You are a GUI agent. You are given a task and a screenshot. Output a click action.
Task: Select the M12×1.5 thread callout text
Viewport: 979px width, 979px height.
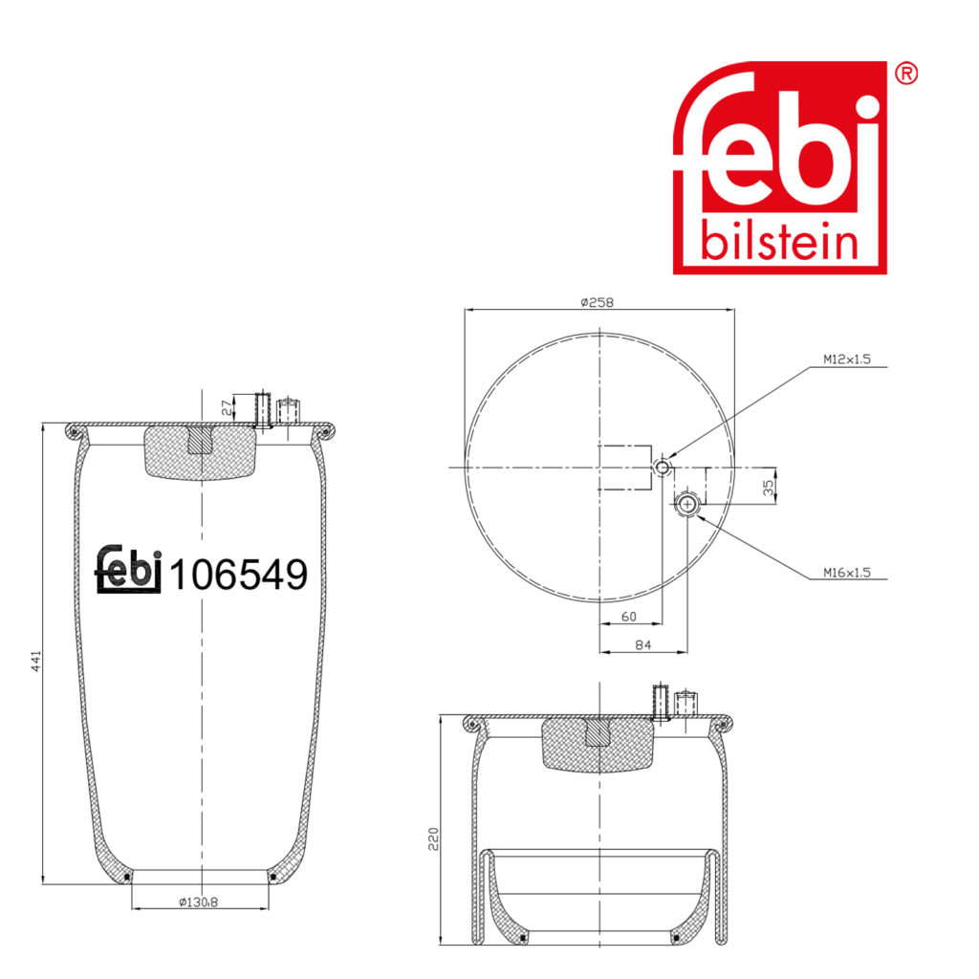click(847, 360)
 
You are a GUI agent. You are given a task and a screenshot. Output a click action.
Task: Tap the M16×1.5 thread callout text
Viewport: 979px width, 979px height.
click(847, 573)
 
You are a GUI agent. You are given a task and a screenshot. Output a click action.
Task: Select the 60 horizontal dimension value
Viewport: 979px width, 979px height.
click(628, 617)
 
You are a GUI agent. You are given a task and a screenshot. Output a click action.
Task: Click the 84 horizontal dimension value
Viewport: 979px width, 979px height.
click(642, 646)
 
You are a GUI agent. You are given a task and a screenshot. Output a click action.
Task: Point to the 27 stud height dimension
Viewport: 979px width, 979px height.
click(225, 407)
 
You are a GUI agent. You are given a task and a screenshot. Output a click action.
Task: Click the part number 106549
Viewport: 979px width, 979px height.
click(238, 575)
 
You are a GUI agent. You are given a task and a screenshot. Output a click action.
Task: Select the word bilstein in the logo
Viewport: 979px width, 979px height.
click(779, 241)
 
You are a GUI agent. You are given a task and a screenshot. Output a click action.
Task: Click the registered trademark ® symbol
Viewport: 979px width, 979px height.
click(906, 74)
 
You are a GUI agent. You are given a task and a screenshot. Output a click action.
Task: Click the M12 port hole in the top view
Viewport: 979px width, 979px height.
click(662, 467)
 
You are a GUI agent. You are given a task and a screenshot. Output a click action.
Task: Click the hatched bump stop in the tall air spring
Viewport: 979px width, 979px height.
click(201, 451)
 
